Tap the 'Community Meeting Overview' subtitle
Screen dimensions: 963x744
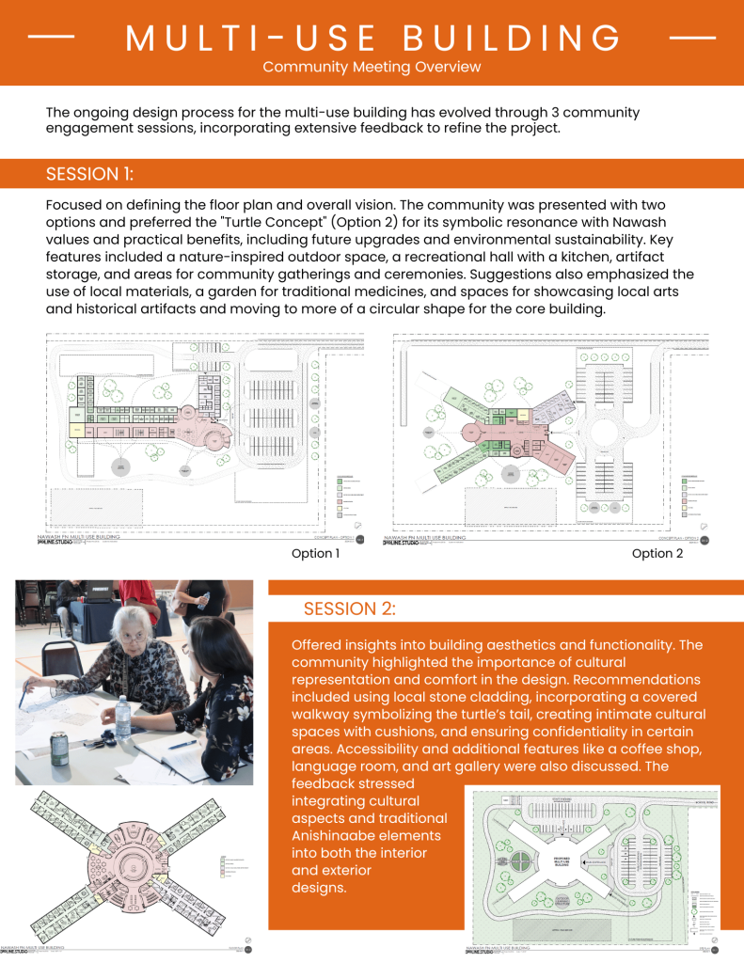point(372,67)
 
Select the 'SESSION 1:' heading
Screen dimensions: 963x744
point(89,174)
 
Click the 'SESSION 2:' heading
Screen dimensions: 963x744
point(349,608)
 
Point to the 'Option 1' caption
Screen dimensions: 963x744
point(315,554)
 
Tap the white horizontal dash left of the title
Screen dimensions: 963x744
point(52,38)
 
